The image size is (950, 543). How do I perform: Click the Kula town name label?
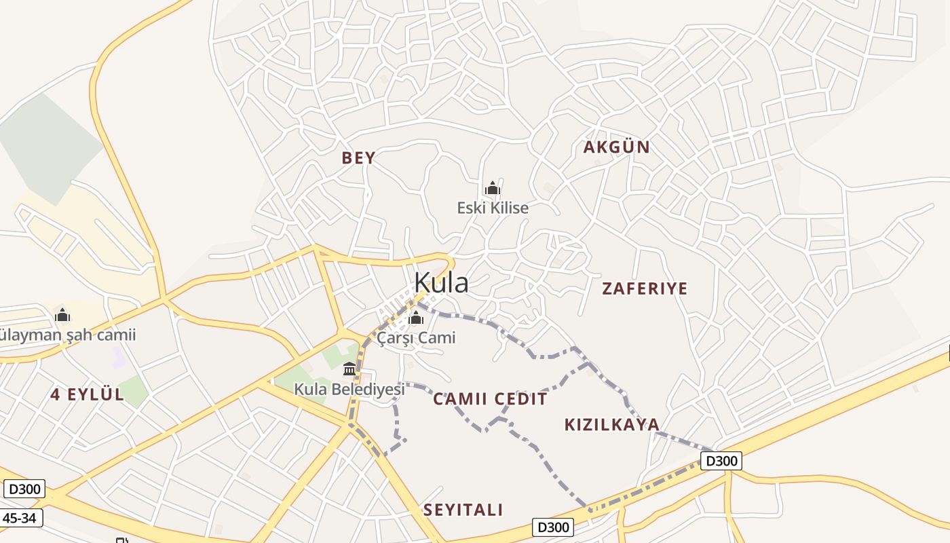441,282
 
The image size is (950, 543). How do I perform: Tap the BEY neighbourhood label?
358,158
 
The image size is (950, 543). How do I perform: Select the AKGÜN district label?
616,147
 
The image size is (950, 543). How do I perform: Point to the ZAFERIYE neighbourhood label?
645,288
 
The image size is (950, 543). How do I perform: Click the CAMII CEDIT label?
490,399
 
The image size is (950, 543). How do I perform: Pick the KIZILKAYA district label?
611,425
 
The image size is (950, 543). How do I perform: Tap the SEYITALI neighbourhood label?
463,510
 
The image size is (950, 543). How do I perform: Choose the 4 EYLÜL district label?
88,394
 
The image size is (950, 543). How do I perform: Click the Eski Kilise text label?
493,208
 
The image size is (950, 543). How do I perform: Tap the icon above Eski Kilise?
493,188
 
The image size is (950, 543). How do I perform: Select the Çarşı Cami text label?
417,337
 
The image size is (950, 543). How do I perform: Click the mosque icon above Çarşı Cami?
416,318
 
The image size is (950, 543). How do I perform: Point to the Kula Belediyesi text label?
349,389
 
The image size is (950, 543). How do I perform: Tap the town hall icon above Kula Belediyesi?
349,369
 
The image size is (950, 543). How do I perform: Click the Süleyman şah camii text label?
68,335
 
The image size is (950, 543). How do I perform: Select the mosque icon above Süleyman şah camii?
62,315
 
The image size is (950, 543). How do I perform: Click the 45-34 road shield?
21,519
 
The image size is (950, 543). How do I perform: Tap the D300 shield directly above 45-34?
24,489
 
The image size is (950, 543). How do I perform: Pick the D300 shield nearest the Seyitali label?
552,527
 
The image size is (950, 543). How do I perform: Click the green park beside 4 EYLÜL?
133,390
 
